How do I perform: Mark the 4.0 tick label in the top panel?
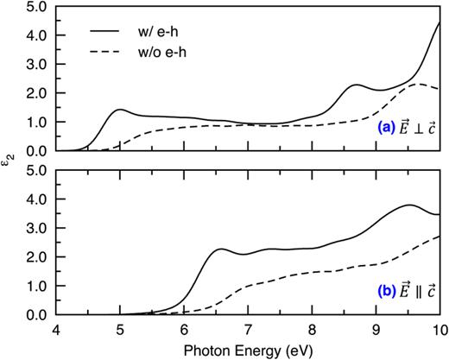coord(35,36)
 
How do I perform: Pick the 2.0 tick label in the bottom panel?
coord(35,257)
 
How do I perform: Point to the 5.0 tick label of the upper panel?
coord(35,8)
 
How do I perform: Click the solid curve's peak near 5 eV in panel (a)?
coord(120,110)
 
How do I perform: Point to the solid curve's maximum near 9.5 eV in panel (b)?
coord(408,205)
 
